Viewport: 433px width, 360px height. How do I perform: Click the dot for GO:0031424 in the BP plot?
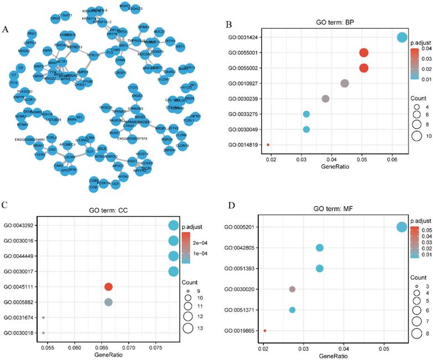403,38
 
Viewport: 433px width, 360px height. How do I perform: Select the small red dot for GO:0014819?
268,145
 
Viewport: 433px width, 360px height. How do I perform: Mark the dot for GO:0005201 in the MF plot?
403,227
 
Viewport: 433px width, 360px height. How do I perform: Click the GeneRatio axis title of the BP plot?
330,167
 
